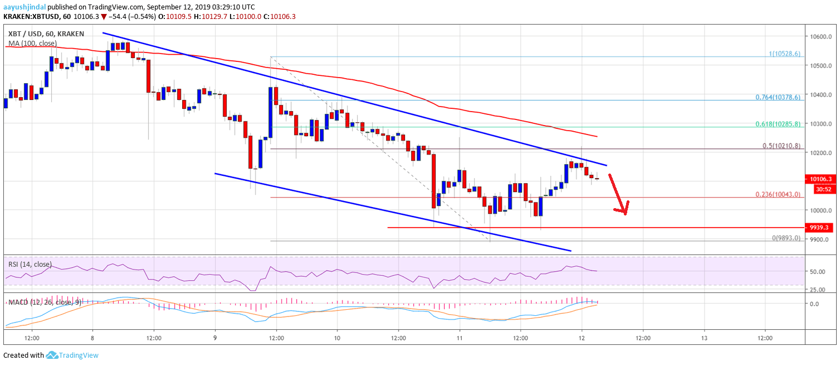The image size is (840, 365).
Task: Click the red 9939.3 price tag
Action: pyautogui.click(x=821, y=228)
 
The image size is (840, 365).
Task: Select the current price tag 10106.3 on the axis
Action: pyautogui.click(x=821, y=179)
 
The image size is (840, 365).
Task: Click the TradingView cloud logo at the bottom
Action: pyautogui.click(x=52, y=355)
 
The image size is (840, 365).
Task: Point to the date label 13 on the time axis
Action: pyautogui.click(x=704, y=338)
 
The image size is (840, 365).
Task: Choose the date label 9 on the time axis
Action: pyautogui.click(x=215, y=338)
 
